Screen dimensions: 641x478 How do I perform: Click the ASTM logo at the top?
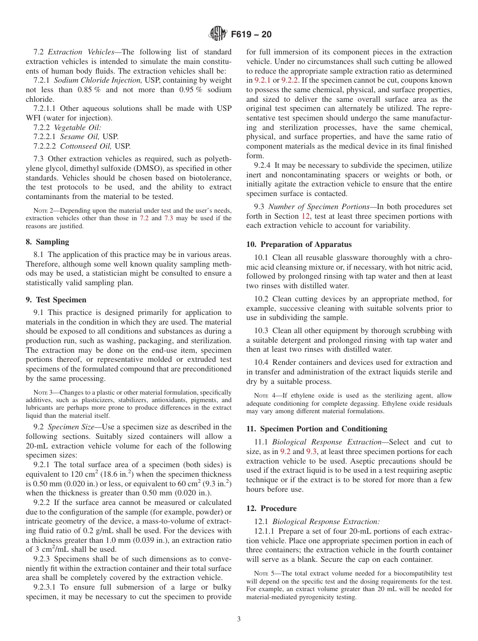[x=217, y=34]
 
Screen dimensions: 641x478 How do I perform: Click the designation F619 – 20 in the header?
[x=251, y=34]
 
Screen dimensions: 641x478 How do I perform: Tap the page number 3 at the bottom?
[x=239, y=619]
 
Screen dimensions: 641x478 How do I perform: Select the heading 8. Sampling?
[x=47, y=242]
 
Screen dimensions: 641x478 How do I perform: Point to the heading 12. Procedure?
[x=271, y=508]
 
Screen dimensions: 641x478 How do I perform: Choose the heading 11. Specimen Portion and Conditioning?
[x=316, y=429]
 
